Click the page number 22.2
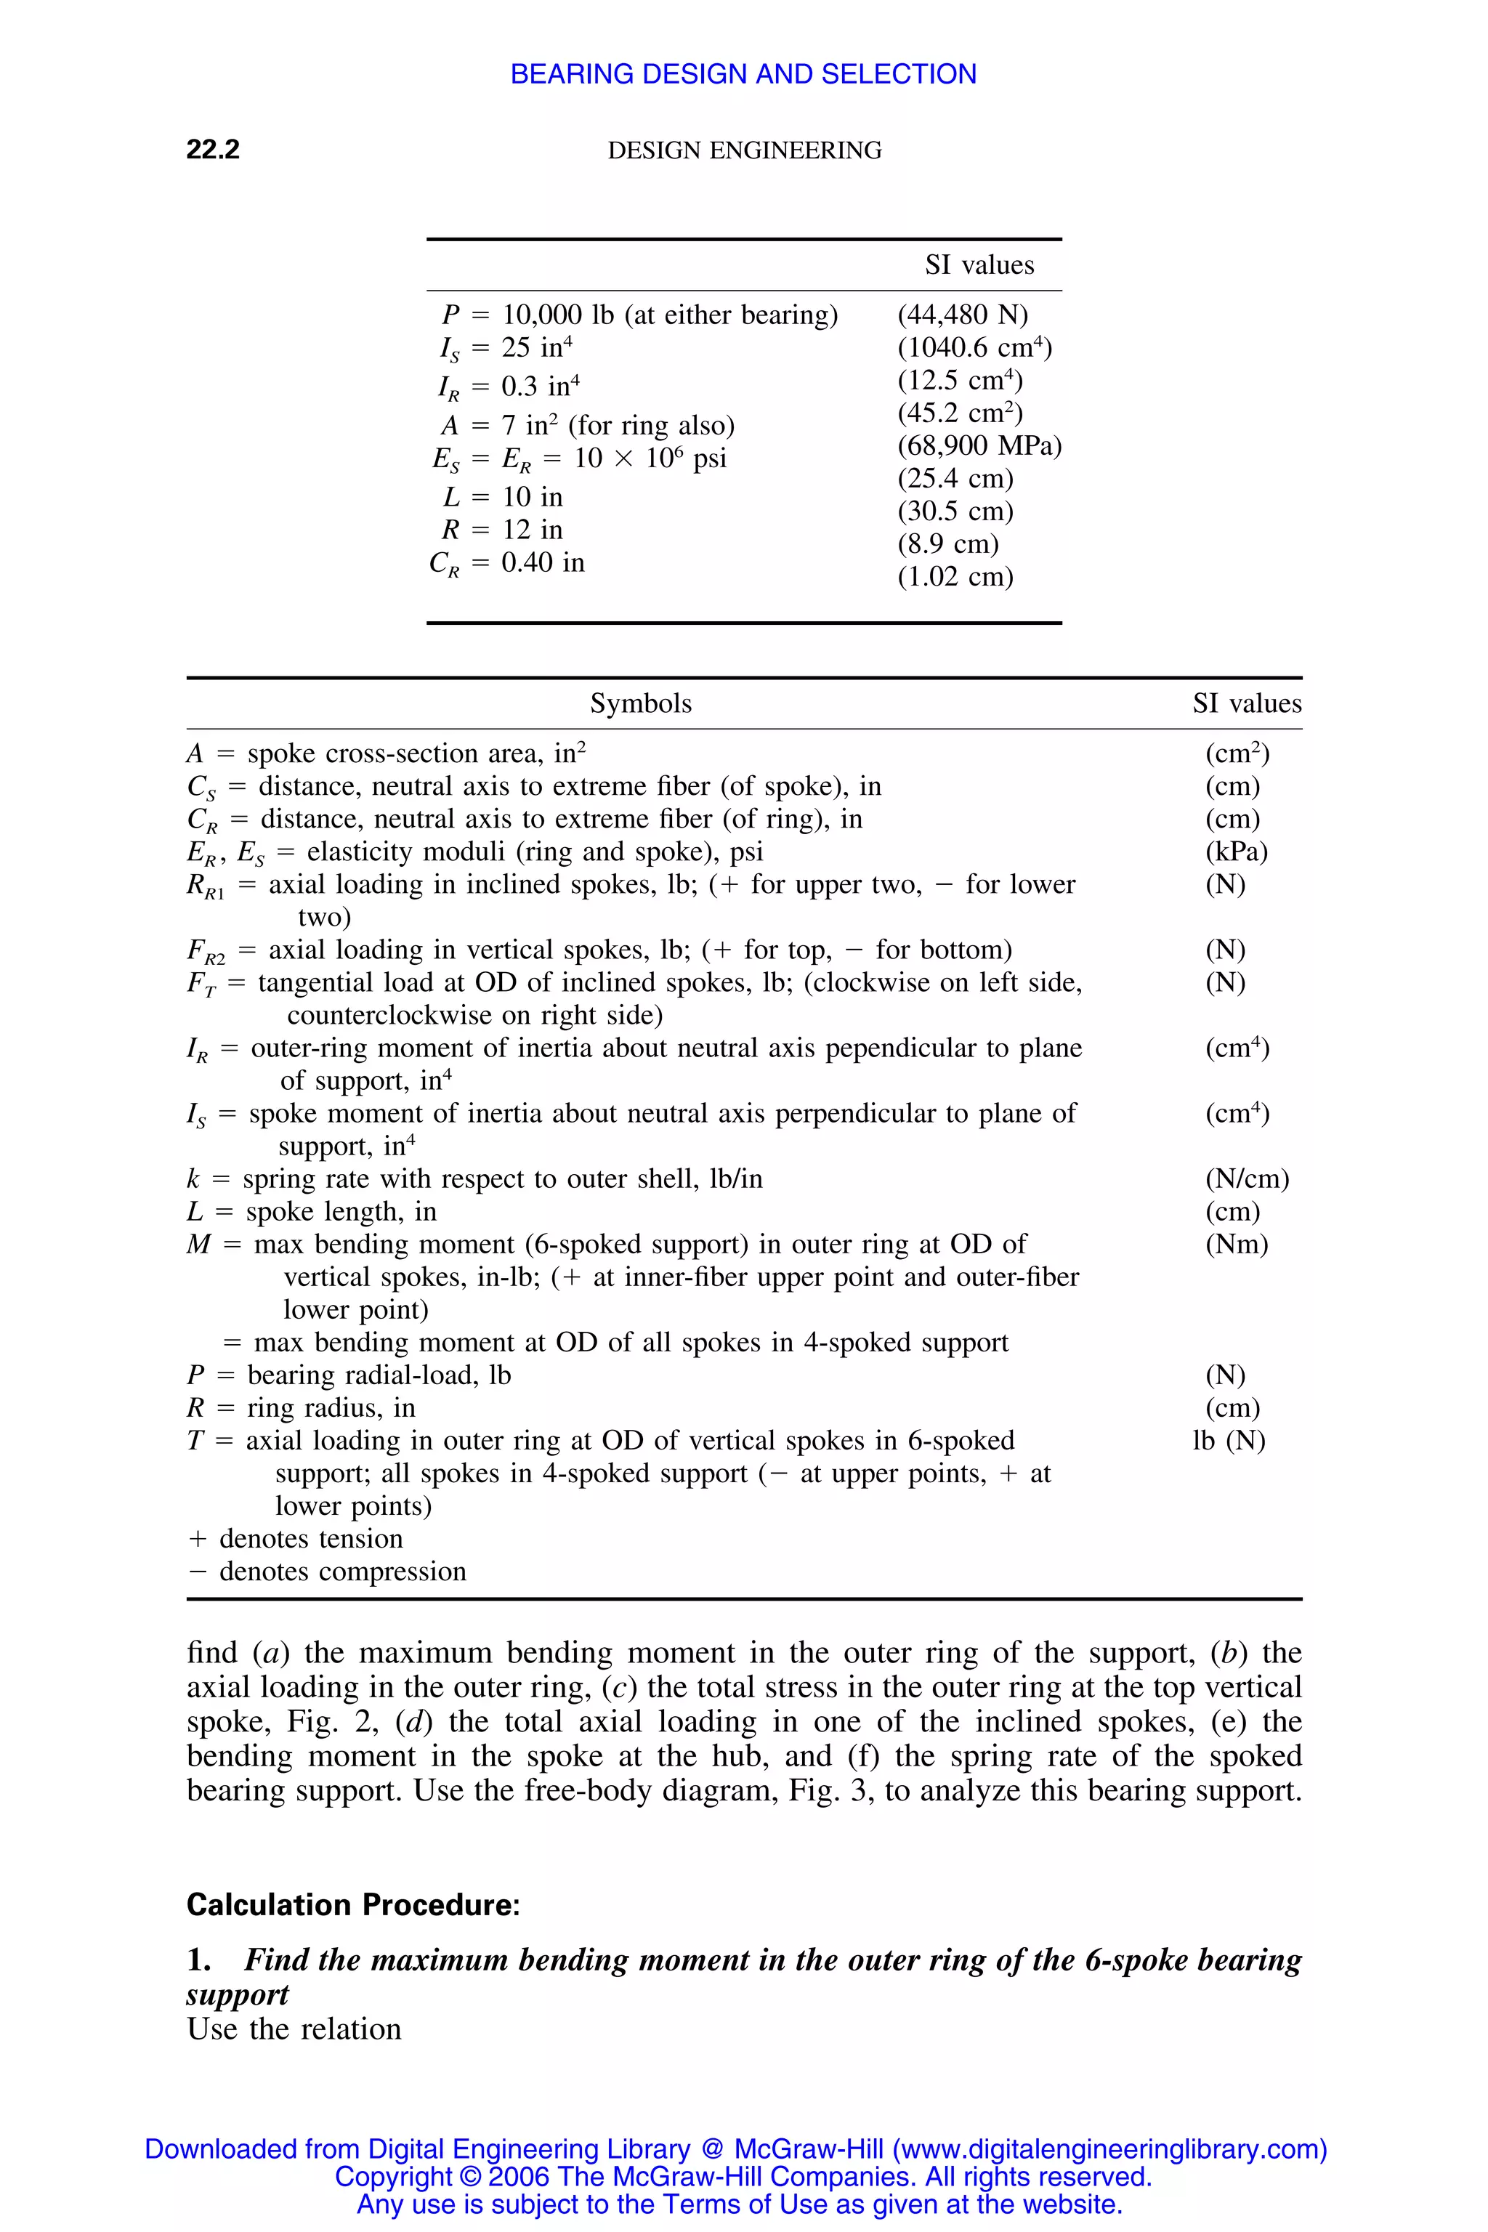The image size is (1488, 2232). [x=213, y=149]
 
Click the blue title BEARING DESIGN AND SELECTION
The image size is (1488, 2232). [x=743, y=74]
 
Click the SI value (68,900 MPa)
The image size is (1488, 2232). [x=979, y=445]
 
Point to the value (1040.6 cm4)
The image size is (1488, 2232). [x=974, y=347]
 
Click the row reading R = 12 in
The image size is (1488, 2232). [x=502, y=530]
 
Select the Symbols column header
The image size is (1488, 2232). [x=641, y=703]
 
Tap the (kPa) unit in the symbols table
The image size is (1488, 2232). [x=1237, y=852]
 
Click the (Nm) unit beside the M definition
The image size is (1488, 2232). [x=1237, y=1244]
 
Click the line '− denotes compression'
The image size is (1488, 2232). [x=328, y=1572]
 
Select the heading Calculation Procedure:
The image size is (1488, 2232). [x=353, y=1904]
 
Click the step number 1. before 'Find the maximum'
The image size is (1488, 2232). [x=198, y=1960]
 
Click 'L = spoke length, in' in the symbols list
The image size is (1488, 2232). [x=311, y=1212]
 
